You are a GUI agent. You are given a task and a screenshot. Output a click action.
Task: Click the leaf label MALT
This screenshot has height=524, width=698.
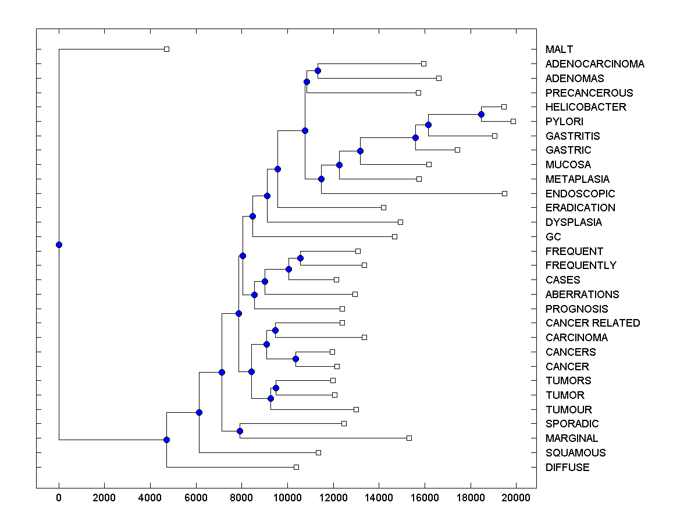click(559, 49)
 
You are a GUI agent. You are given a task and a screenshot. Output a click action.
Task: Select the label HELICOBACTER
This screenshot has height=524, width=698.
click(586, 107)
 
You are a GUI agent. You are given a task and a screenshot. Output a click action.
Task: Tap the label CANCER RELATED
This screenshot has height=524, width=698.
click(593, 323)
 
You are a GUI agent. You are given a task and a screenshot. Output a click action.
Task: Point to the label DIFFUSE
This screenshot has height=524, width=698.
click(567, 468)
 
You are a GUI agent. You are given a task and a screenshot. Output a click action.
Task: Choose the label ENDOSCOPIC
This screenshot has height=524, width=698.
click(580, 194)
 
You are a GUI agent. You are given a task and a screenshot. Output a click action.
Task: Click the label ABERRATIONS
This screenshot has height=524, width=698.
click(582, 295)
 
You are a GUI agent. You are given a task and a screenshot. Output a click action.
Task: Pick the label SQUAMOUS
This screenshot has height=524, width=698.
click(575, 453)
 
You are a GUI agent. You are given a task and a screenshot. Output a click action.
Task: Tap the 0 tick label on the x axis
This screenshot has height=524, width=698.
click(59, 497)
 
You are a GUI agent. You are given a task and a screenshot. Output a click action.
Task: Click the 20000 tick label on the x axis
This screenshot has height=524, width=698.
click(516, 497)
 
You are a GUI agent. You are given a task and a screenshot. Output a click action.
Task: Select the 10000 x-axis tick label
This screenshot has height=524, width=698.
click(287, 497)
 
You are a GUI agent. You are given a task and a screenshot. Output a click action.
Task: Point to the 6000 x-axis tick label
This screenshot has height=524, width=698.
click(196, 497)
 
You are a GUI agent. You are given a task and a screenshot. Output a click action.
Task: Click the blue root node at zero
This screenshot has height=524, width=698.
click(59, 245)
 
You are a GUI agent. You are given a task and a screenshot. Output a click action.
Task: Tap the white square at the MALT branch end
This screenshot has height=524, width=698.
click(166, 49)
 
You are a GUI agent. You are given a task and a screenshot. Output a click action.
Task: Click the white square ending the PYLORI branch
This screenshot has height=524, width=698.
click(513, 121)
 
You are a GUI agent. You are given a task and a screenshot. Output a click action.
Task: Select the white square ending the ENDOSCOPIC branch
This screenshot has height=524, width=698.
click(504, 193)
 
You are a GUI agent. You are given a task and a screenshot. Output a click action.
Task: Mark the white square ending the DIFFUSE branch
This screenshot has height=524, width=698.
click(296, 467)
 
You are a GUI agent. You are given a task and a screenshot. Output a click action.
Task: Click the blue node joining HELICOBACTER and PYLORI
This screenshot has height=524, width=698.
click(481, 114)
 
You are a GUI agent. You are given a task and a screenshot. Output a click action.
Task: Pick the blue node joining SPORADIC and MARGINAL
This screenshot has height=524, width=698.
click(240, 431)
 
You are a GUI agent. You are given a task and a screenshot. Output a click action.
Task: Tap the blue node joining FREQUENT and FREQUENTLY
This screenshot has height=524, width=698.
click(300, 258)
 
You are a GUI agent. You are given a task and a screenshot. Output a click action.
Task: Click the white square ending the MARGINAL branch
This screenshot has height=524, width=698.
click(409, 438)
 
